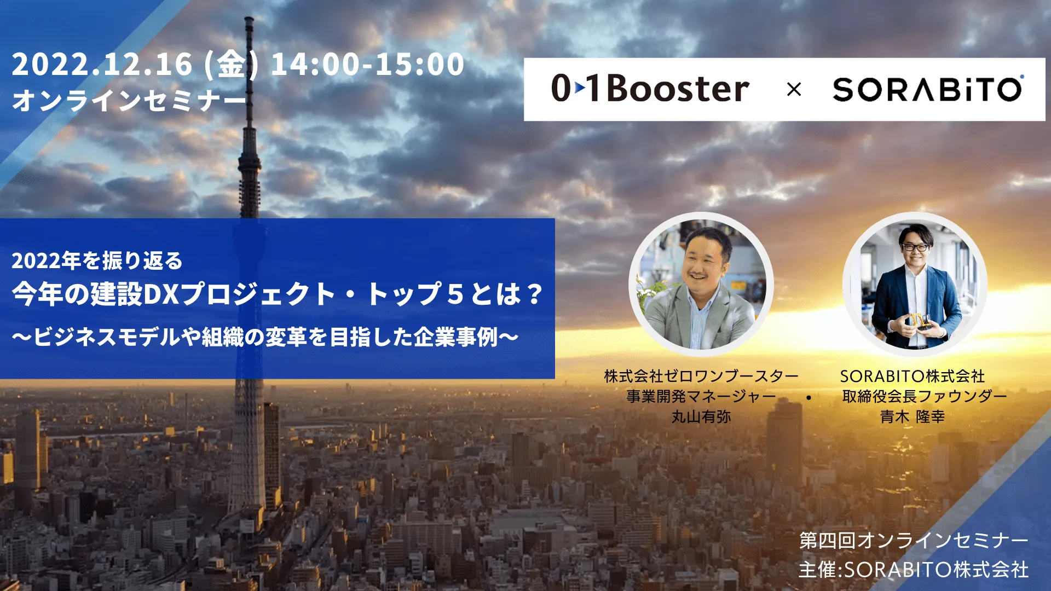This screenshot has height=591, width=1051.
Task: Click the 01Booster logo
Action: [x=650, y=88]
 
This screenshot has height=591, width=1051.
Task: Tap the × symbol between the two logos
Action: [x=794, y=89]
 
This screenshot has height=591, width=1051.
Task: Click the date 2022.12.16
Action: [x=102, y=64]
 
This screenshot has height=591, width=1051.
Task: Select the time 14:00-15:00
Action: [x=367, y=64]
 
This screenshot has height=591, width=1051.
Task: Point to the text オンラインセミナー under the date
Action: [x=129, y=100]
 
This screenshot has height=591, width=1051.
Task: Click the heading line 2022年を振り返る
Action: [x=97, y=260]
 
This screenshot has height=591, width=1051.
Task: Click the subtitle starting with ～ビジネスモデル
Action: [x=265, y=337]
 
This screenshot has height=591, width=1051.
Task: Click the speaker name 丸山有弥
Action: [x=701, y=417]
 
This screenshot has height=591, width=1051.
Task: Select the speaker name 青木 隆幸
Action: [x=913, y=417]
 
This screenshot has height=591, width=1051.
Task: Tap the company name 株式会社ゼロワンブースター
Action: [x=701, y=376]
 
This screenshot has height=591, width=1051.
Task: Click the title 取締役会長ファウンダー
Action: [x=925, y=396]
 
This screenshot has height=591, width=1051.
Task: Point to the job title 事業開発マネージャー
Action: [x=701, y=396]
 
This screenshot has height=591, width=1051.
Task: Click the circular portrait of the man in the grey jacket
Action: [x=701, y=285]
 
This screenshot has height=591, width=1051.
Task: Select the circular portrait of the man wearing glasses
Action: [x=915, y=285]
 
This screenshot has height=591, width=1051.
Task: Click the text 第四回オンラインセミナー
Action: [x=914, y=540]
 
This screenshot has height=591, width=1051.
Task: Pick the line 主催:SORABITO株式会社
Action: [x=914, y=570]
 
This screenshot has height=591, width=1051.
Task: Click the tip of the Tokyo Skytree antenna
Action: [x=250, y=18]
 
